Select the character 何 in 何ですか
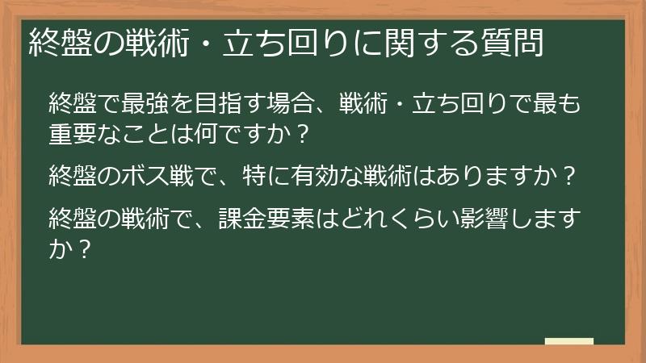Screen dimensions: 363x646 coord(218,131)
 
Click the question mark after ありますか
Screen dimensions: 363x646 coord(571,175)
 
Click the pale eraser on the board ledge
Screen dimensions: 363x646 coord(568,341)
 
